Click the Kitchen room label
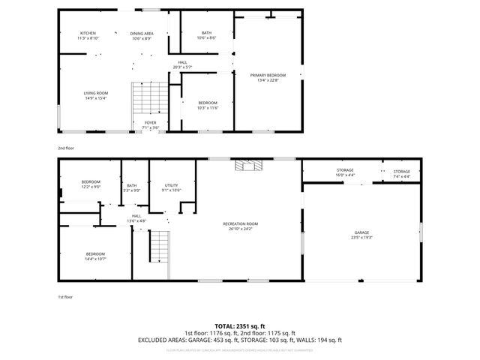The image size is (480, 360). point(88,36)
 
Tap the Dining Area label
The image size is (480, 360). point(142,36)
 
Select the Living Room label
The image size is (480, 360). point(95,95)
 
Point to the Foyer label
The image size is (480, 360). point(150,125)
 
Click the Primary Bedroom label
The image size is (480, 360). point(268,77)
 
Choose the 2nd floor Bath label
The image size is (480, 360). point(206,36)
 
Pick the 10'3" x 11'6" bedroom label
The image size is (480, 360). point(207,105)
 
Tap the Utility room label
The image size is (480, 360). point(172,187)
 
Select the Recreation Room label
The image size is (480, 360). point(240,226)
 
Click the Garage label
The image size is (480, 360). point(361,235)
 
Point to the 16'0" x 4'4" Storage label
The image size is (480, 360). point(345,173)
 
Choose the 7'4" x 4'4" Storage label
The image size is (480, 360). point(402,173)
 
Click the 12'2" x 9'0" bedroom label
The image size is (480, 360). point(91,184)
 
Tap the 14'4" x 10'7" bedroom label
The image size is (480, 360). point(95,256)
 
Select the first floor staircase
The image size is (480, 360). point(158,247)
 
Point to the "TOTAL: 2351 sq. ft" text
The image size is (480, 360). point(240,326)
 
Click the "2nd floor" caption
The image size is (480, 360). point(66,148)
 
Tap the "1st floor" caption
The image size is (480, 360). point(65,297)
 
